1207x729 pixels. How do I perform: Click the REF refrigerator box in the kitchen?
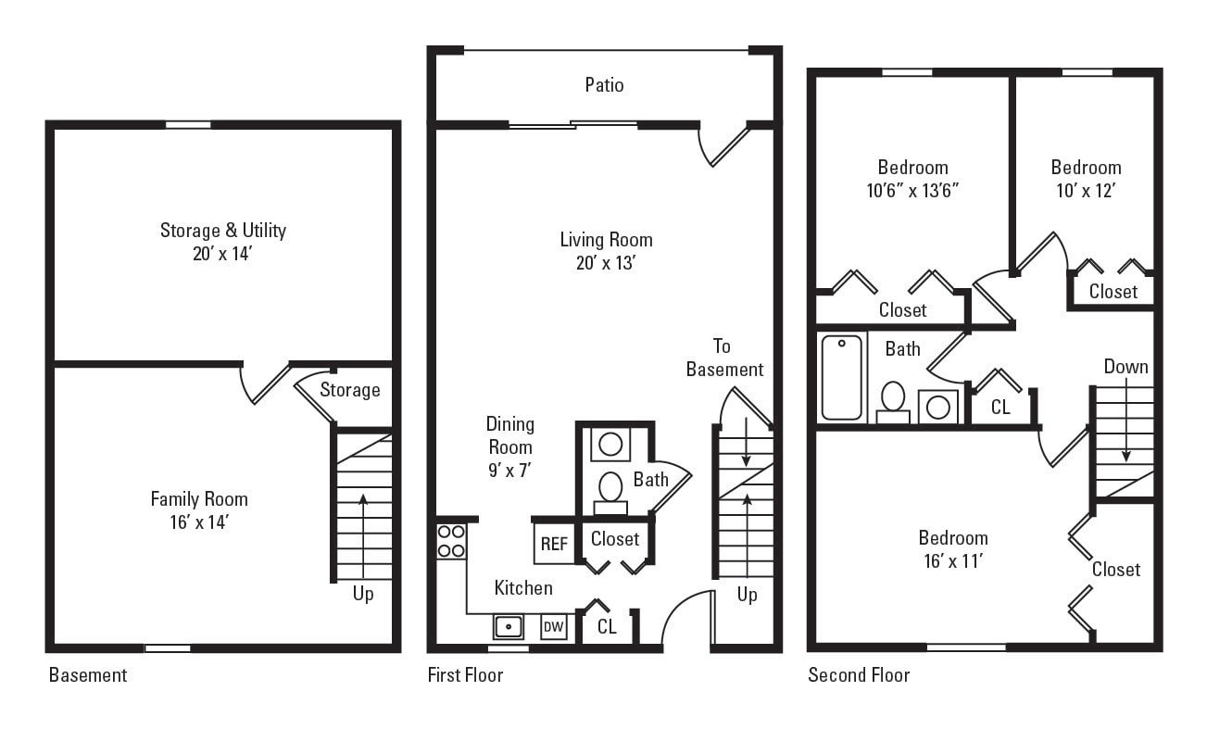click(x=554, y=544)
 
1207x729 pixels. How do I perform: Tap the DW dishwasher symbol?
click(x=553, y=627)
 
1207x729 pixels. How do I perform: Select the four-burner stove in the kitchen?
click(x=451, y=541)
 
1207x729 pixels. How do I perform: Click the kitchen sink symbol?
click(x=508, y=626)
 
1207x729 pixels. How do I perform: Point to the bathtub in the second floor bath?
click(x=841, y=377)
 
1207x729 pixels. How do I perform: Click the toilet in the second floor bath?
click(x=893, y=401)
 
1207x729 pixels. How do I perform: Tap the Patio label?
click(x=604, y=85)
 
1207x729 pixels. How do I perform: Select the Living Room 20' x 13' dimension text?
click(x=606, y=263)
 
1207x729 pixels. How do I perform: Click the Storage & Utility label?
click(x=222, y=231)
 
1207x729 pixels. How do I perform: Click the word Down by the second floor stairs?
click(x=1125, y=367)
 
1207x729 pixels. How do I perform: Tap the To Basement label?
click(x=724, y=358)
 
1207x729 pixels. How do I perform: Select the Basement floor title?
click(x=88, y=675)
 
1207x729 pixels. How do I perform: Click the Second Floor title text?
click(x=859, y=675)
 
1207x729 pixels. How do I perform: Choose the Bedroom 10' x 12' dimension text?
click(x=1086, y=191)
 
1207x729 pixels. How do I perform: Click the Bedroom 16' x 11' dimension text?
click(x=952, y=561)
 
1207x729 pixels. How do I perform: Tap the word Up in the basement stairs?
click(x=363, y=594)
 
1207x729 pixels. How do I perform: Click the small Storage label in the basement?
click(x=350, y=390)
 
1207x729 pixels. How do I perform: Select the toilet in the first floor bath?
click(x=610, y=488)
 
